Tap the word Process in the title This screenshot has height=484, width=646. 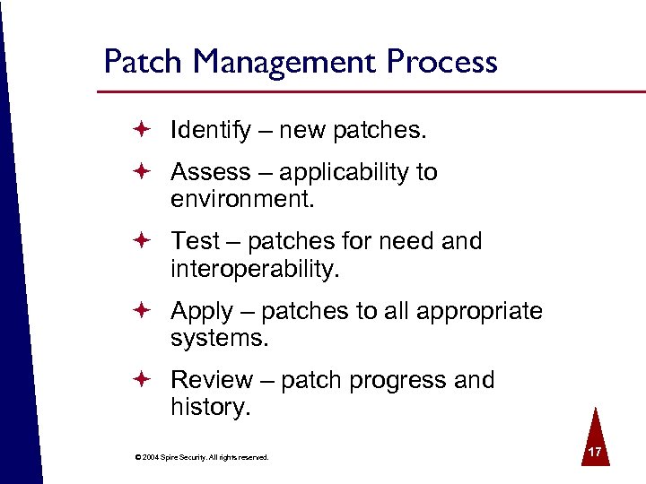point(442,62)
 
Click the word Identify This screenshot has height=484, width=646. point(211,131)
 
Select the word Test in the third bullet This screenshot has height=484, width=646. point(195,241)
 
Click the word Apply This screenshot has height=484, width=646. point(202,311)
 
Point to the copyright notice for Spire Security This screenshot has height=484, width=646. point(201,457)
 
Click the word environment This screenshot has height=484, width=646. point(242,198)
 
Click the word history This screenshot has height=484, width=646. point(208,408)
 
